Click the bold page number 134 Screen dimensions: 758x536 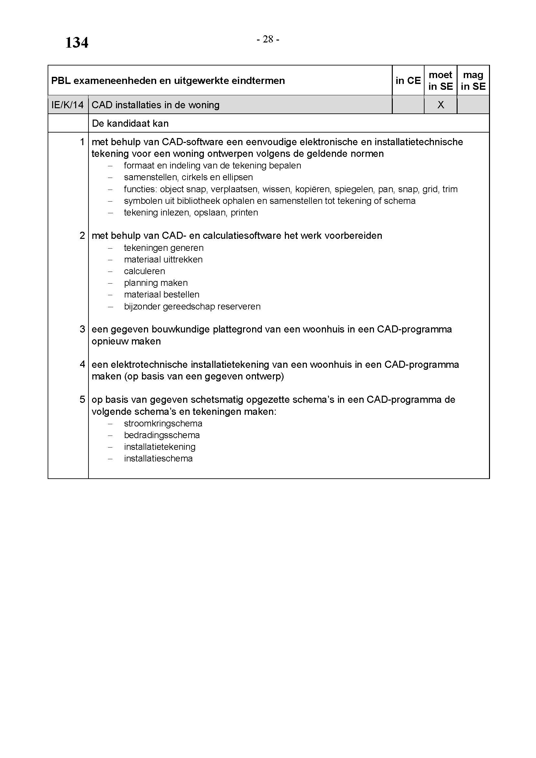pos(76,43)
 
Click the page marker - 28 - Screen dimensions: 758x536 pos(268,39)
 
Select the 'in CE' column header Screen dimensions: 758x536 pos(408,81)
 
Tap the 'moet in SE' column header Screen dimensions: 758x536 pos(440,81)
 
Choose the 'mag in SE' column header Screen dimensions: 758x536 pos(473,81)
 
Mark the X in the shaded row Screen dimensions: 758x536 pos(440,105)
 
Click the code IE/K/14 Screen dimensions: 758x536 pos(68,105)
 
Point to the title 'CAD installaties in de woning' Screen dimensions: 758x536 pos(156,105)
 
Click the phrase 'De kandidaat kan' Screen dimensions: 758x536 pos(130,123)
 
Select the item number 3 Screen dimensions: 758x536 pos(82,329)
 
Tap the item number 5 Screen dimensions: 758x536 pos(82,400)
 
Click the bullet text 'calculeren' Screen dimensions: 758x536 pos(144,271)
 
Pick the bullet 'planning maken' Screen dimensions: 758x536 pos(156,283)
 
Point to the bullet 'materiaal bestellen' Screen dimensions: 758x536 pos(162,295)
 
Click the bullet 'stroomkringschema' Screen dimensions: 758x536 pos(163,423)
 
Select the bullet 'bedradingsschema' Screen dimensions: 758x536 pos(162,435)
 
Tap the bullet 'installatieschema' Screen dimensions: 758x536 pos(158,458)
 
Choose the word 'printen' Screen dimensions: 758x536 pos(244,213)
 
